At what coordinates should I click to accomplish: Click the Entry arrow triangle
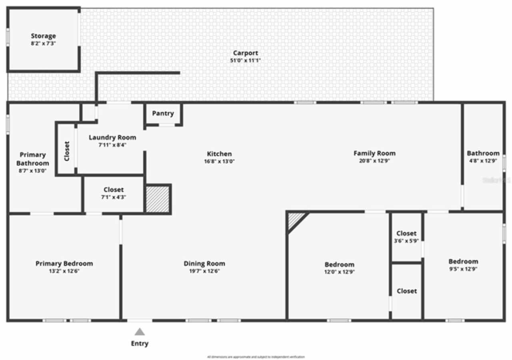[x=139, y=332]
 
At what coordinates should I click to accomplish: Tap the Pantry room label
[x=163, y=113]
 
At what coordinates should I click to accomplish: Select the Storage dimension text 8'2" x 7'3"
[x=43, y=43]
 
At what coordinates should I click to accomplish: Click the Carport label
[x=246, y=53]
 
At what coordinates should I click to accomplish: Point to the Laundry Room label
[x=112, y=138]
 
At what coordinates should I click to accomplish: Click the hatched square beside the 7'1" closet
[x=158, y=198]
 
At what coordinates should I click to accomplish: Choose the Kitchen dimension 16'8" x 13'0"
[x=219, y=161]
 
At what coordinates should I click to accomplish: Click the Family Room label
[x=374, y=153]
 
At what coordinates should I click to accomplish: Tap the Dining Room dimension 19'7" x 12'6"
[x=204, y=271]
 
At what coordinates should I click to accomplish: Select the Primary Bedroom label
[x=64, y=264]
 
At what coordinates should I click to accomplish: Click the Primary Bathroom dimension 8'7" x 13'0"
[x=32, y=170]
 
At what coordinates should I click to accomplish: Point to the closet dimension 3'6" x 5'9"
[x=406, y=241]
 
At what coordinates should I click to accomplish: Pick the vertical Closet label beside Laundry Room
[x=67, y=151]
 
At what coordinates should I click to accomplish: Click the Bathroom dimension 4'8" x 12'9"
[x=483, y=161]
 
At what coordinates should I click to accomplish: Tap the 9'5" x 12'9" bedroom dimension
[x=463, y=269]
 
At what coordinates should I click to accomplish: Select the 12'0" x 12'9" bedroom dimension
[x=339, y=272]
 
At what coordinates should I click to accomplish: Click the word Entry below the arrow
[x=140, y=343]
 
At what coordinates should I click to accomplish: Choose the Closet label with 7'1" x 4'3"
[x=114, y=190]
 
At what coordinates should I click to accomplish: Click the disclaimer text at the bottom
[x=256, y=357]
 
